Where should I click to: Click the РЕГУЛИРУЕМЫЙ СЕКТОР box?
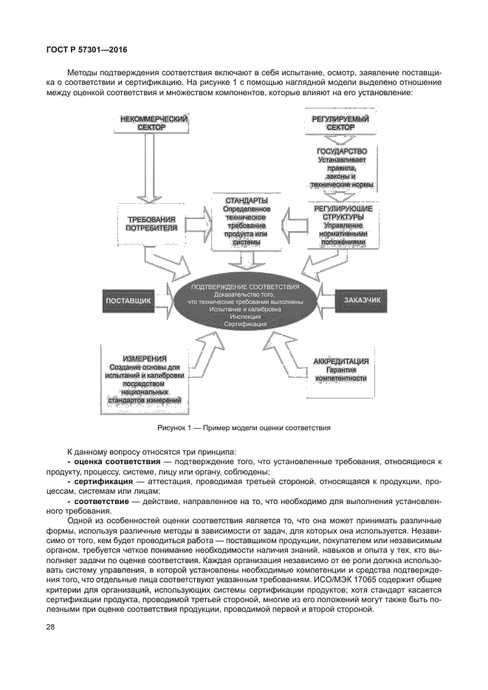point(340,123)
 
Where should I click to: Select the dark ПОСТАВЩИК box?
point(128,302)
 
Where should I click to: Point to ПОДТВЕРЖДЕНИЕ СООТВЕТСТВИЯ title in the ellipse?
point(245,286)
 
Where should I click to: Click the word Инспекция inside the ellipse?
point(245,317)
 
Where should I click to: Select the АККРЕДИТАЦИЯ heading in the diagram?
point(341,362)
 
